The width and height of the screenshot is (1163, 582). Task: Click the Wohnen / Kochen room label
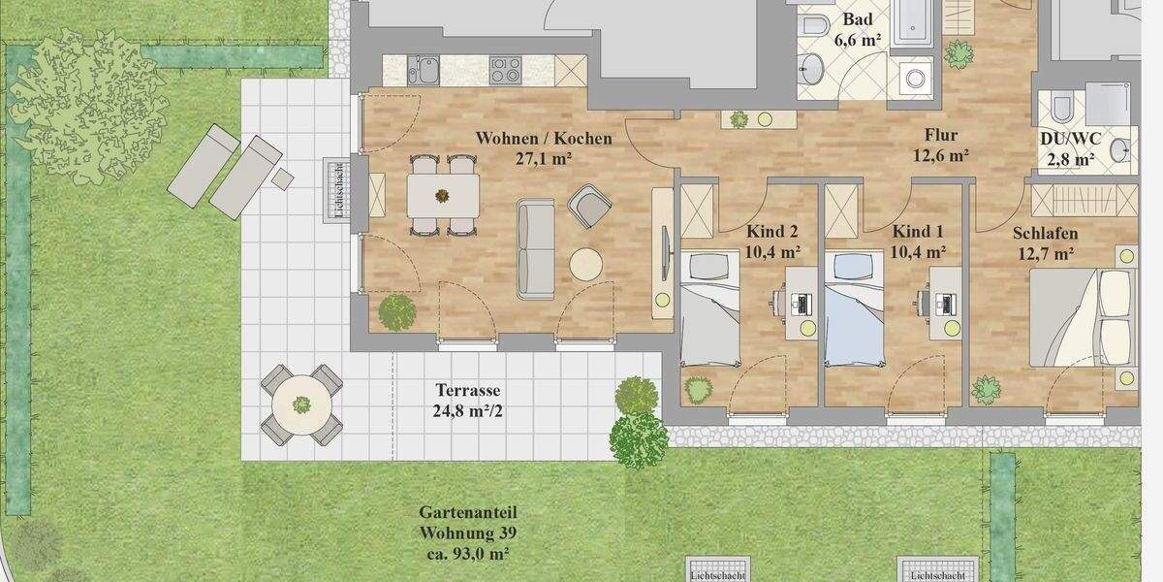coord(543,139)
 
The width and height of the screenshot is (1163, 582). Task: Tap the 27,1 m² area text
coord(543,158)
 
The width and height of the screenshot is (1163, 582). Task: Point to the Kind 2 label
coord(771,232)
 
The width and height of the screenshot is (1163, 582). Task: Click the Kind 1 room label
coord(918,232)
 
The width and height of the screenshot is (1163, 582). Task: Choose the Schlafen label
coord(1045,234)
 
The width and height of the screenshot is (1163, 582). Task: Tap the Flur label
coord(941,136)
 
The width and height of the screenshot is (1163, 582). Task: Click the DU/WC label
coord(1067,139)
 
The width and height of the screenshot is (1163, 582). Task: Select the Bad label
coord(857,20)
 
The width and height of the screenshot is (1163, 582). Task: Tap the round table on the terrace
coord(301,404)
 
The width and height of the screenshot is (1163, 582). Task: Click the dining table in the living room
coord(442,195)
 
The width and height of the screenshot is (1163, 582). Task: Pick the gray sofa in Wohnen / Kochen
coord(535,249)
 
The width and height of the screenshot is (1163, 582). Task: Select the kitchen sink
coord(424,69)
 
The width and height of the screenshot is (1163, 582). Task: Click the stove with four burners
coord(505,68)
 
